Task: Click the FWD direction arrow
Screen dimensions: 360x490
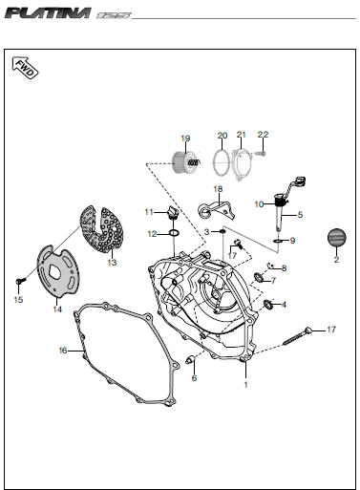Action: (x=25, y=68)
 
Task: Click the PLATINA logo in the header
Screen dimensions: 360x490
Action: (x=48, y=13)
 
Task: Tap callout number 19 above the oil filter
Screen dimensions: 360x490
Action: (x=185, y=138)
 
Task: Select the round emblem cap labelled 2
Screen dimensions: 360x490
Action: (x=336, y=238)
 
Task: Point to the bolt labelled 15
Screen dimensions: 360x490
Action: (x=21, y=281)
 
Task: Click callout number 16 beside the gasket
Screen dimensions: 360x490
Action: (x=63, y=351)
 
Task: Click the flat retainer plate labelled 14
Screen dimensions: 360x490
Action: (x=58, y=271)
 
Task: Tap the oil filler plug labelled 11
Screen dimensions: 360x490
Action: (x=172, y=212)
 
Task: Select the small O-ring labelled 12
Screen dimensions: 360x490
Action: (x=174, y=233)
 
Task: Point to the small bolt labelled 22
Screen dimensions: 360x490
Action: (x=260, y=154)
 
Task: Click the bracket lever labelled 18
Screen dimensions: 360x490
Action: (x=217, y=211)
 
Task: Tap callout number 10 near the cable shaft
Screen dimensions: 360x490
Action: (x=259, y=204)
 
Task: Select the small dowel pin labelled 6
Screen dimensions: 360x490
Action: (x=191, y=360)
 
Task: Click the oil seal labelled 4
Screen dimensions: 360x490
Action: (x=268, y=305)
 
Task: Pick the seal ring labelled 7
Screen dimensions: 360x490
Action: (x=259, y=277)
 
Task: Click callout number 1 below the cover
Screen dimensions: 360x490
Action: (x=245, y=385)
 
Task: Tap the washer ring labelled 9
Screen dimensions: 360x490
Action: (x=278, y=241)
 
